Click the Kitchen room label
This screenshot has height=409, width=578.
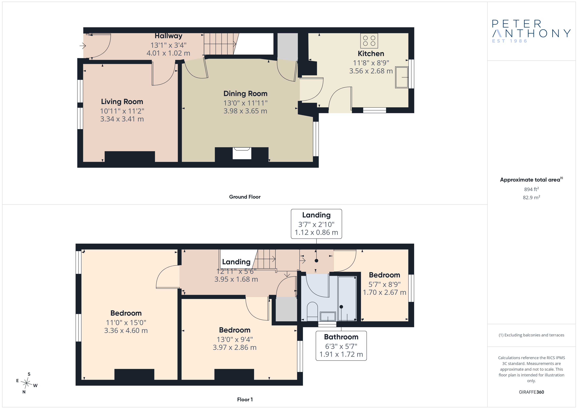pos(371,54)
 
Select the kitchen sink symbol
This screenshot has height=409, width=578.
pos(402,77)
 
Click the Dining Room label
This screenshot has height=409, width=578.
pos(245,94)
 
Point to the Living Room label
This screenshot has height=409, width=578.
pos(122,102)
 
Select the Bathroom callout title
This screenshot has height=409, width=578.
pos(341,337)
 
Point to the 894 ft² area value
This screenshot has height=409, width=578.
pos(531,189)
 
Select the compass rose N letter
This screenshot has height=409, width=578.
pos(24,392)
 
